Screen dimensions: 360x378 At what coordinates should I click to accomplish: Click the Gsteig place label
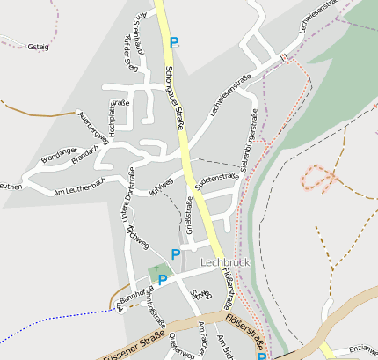[38, 47]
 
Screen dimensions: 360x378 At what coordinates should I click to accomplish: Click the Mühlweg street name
[160, 187]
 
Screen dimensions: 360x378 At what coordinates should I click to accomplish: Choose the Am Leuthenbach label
[79, 187]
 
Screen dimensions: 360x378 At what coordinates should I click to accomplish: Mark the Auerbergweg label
[93, 128]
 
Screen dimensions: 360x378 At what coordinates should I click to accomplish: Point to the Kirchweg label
[138, 236]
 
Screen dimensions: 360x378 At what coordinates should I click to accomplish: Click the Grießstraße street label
[189, 216]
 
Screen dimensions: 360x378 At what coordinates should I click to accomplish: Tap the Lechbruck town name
[228, 263]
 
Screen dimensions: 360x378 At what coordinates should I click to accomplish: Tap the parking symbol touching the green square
[163, 281]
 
